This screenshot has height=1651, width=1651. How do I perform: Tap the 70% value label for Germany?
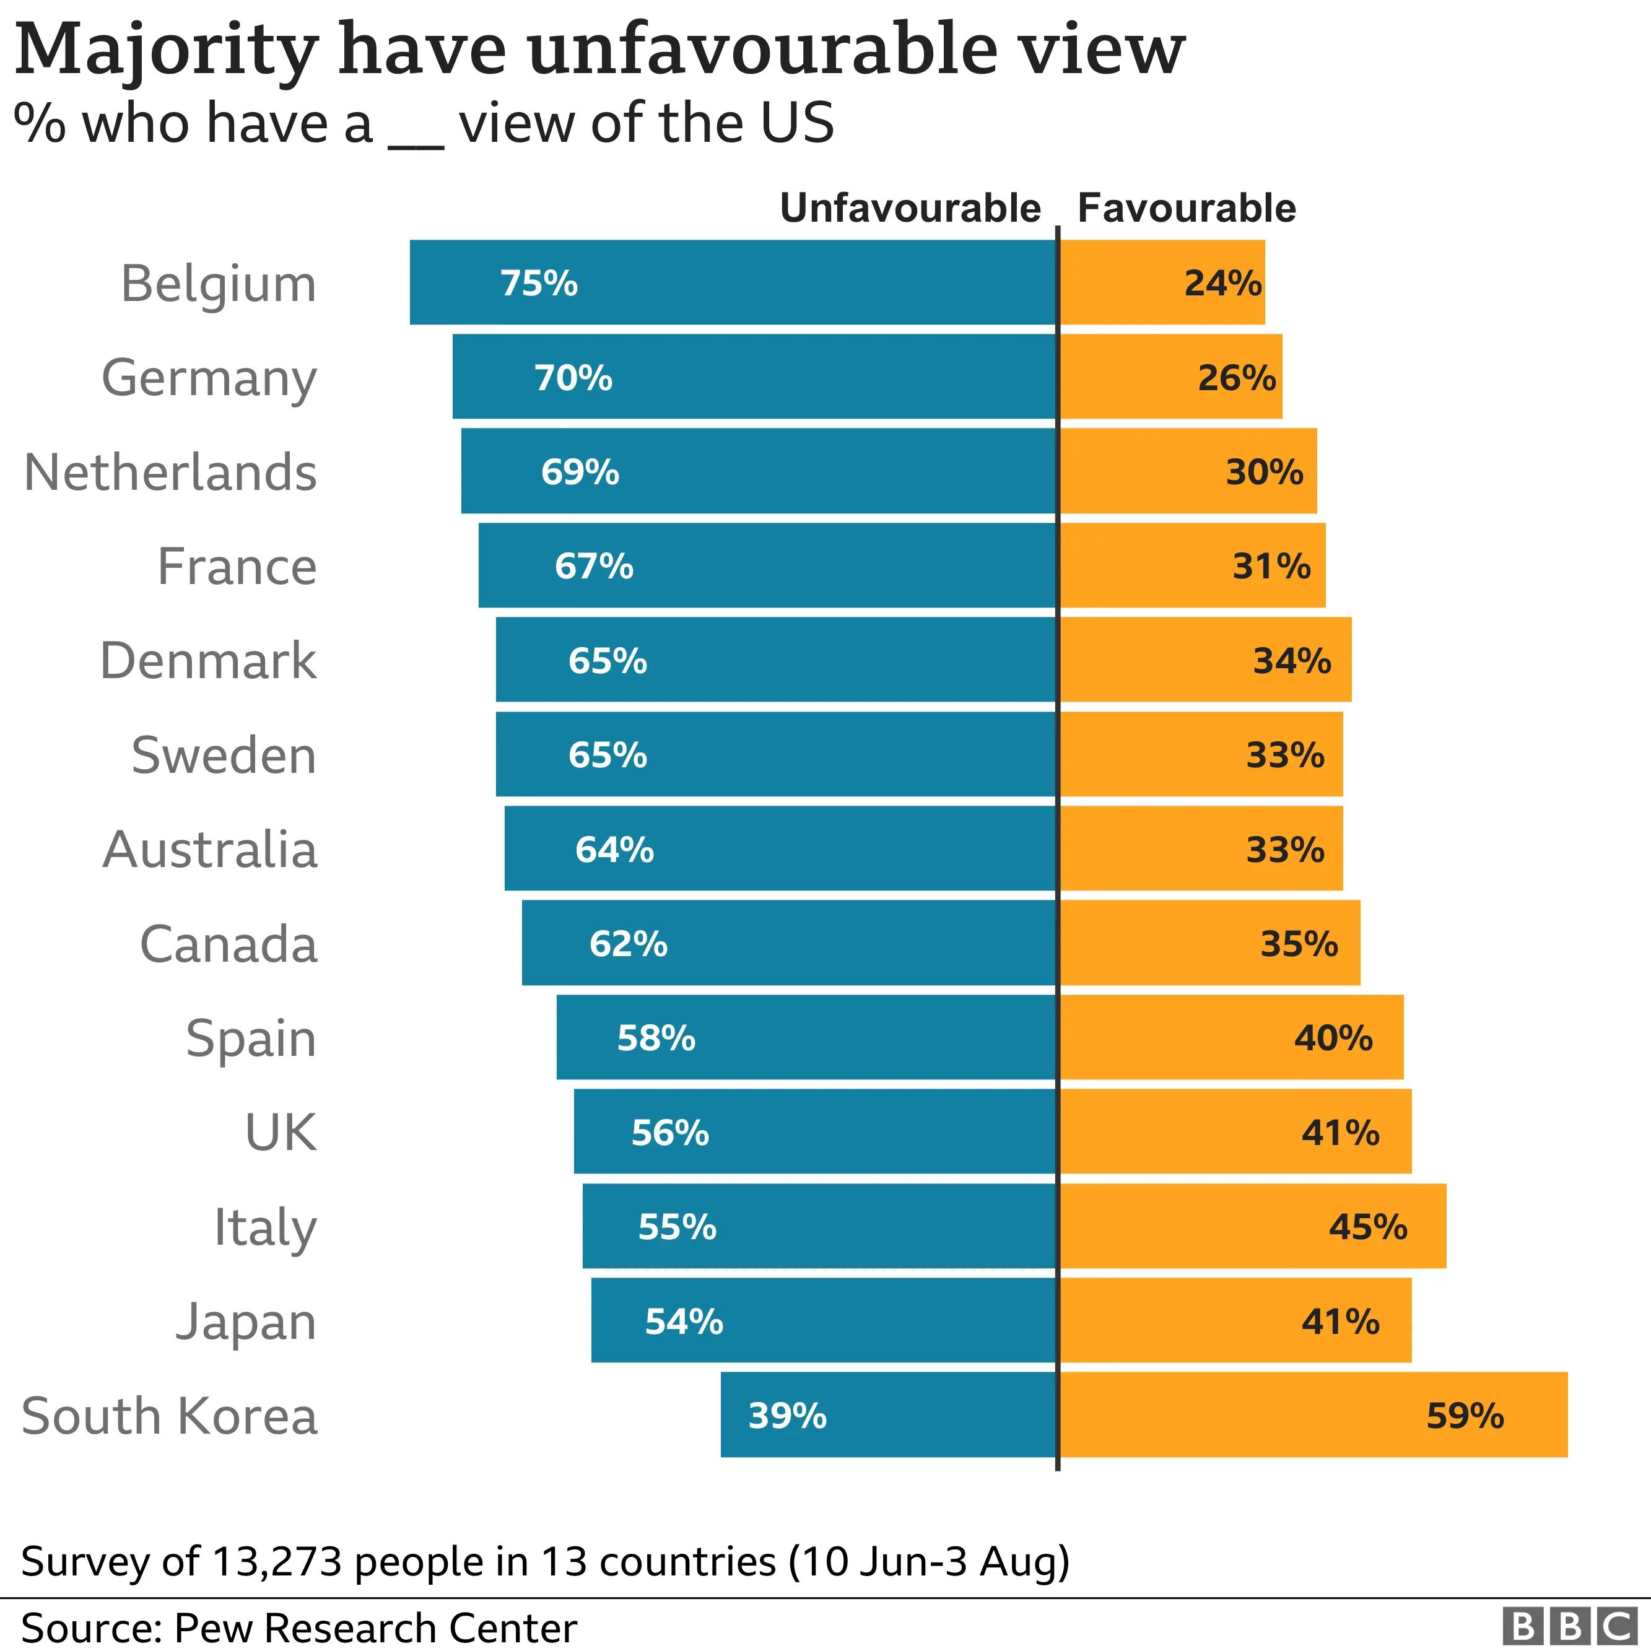573,377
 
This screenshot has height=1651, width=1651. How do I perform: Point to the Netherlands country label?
171,472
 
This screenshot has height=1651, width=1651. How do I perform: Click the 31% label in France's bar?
1271,566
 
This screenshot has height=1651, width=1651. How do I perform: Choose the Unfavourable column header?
910,209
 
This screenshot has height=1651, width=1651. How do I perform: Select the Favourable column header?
1186,209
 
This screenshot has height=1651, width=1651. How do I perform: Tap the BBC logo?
1569,1626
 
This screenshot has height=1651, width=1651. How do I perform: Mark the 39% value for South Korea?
787,1415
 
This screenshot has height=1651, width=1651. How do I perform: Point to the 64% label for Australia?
614,850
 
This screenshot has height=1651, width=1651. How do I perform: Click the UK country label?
281,1132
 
